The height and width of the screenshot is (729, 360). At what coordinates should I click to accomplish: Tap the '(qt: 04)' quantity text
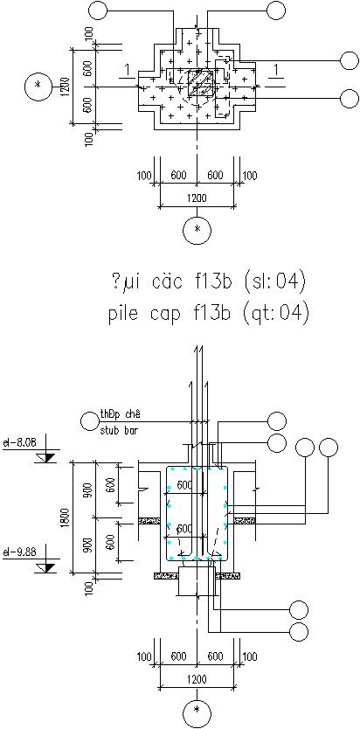(273, 312)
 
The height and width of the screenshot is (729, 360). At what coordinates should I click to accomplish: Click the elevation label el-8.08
(18, 443)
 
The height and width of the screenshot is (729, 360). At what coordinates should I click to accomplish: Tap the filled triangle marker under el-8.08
(50, 457)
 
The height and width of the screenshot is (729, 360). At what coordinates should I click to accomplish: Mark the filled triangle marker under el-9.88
(50, 566)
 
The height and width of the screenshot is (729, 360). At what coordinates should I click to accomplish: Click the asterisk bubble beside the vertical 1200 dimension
(37, 86)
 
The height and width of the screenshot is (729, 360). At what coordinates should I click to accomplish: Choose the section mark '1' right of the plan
(276, 69)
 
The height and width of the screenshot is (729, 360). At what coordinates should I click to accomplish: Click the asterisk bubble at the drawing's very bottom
(196, 712)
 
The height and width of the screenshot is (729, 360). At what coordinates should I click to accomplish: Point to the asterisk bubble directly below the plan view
(196, 229)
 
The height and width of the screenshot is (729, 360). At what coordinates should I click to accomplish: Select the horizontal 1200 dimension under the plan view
(197, 198)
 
